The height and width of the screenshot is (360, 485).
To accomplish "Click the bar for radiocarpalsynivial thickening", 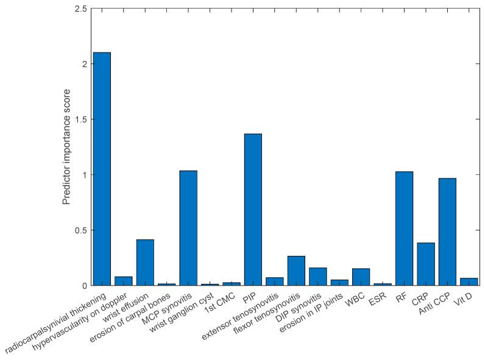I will click(x=102, y=169).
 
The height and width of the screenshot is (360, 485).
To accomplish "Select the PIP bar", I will click(x=253, y=210).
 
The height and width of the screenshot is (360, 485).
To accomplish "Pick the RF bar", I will click(x=404, y=228).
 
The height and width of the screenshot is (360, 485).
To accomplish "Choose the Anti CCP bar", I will click(x=447, y=231).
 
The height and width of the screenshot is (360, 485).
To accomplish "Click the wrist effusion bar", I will click(x=145, y=263).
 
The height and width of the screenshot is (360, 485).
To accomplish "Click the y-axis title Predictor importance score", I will click(x=67, y=146).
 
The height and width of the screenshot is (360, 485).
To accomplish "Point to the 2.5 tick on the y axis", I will click(x=80, y=9).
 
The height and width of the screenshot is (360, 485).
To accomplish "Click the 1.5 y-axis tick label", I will click(x=80, y=119).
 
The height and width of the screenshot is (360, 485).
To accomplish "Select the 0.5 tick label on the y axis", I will click(x=80, y=230).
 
